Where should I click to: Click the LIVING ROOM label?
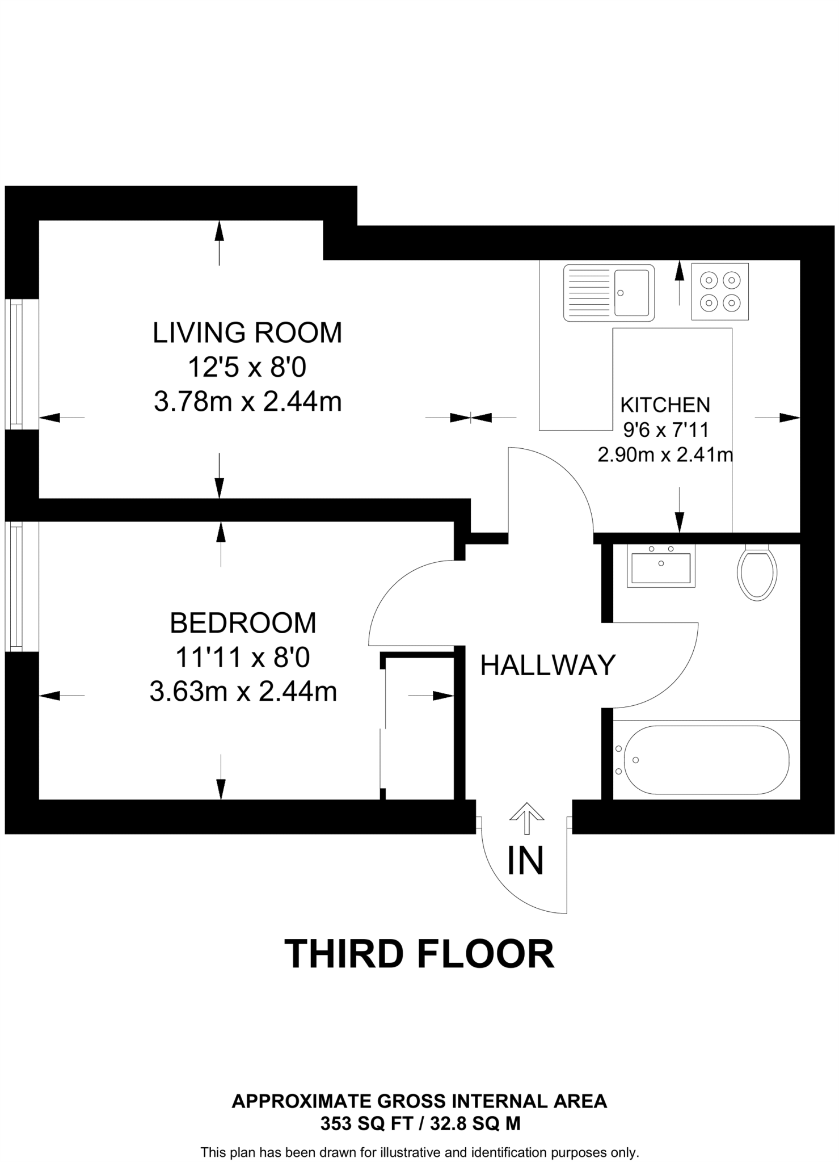(x=247, y=332)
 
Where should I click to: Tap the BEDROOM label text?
(x=243, y=623)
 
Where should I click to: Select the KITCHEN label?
(x=665, y=405)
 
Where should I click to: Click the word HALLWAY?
(x=547, y=665)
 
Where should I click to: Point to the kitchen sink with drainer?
(x=609, y=293)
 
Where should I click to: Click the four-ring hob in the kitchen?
(x=720, y=291)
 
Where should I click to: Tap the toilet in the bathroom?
(x=757, y=573)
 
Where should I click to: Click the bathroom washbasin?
(x=661, y=566)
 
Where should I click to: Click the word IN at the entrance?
(x=525, y=860)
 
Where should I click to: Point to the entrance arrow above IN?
(x=526, y=818)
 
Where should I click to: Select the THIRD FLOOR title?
(x=419, y=954)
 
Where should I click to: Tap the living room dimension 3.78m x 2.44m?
(x=247, y=402)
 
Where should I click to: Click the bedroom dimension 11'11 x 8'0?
(x=243, y=658)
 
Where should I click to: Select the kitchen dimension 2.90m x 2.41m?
(x=665, y=454)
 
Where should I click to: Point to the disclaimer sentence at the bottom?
(x=419, y=1152)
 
